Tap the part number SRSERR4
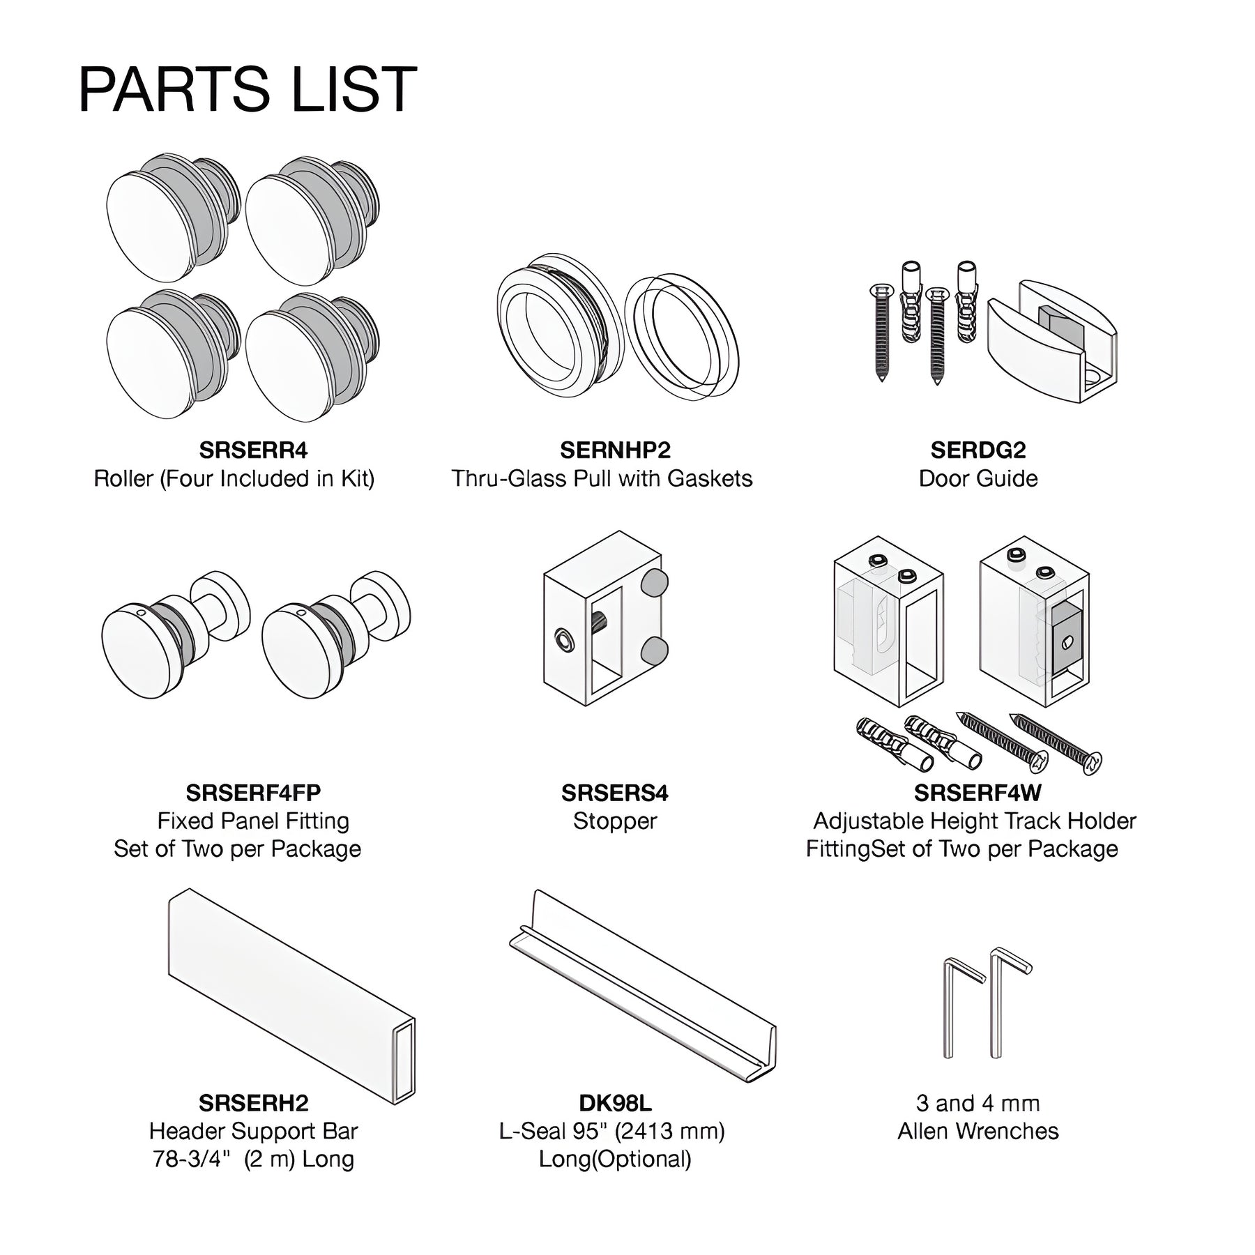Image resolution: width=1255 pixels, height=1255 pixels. (253, 450)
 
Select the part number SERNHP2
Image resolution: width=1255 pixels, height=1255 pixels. (615, 450)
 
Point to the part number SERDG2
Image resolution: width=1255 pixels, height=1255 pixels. (978, 450)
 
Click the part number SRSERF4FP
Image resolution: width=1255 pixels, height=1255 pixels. (253, 793)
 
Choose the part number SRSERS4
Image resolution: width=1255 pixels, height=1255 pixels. (615, 793)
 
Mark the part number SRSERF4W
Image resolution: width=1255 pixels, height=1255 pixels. (978, 793)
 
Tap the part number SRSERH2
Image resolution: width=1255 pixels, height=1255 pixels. (253, 1103)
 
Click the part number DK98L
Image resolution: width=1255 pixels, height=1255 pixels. (615, 1103)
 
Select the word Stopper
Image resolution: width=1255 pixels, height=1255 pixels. (615, 821)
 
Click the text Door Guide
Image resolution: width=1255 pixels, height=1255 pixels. (978, 479)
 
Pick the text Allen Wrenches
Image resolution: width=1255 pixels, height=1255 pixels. (978, 1132)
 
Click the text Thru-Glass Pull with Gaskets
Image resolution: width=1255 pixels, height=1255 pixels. (602, 479)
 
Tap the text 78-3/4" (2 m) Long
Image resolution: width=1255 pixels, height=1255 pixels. (254, 1159)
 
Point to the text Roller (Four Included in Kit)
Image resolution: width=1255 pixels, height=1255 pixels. (234, 479)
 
